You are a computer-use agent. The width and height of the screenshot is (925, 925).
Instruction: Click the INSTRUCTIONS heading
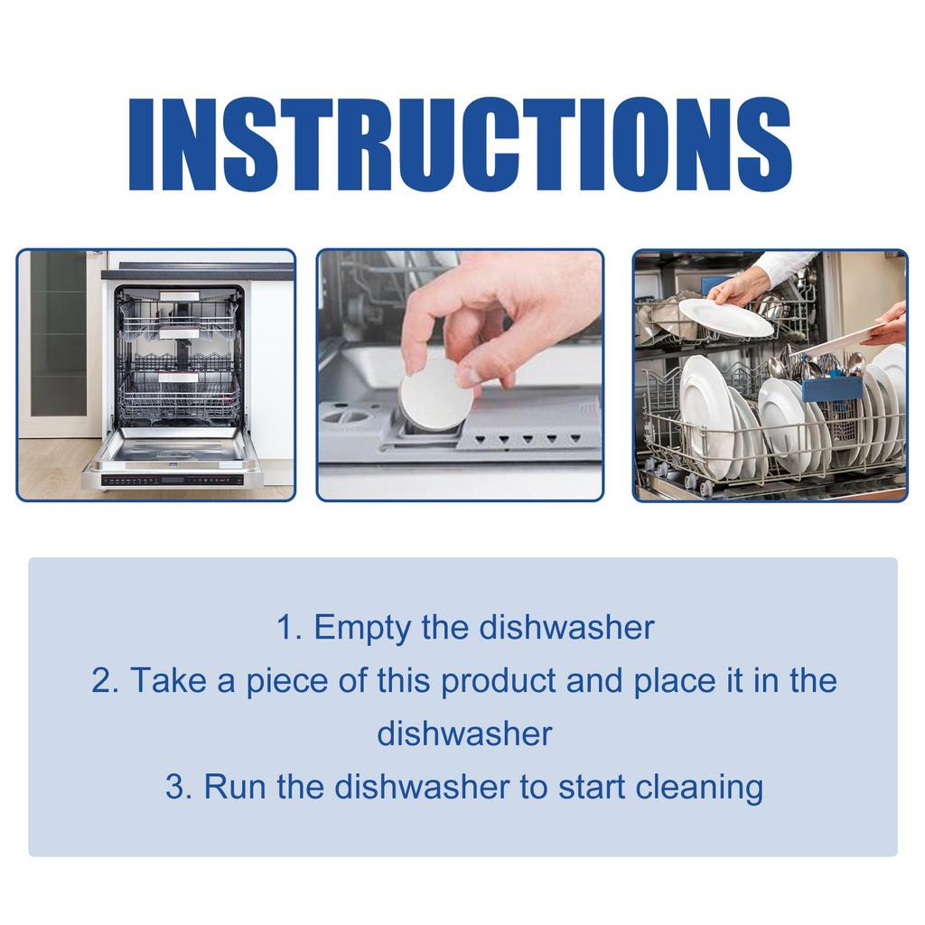[x=460, y=145]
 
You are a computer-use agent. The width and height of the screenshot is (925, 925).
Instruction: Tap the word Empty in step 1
[x=361, y=628]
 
